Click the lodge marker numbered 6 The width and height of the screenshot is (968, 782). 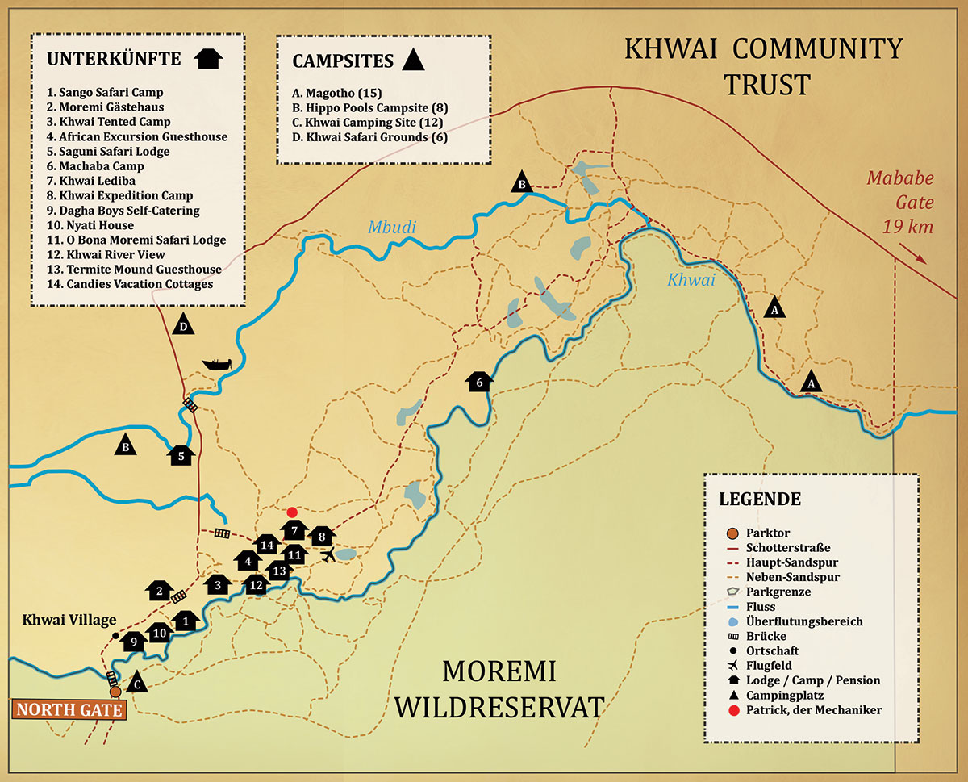(479, 382)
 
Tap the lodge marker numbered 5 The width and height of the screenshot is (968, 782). (181, 456)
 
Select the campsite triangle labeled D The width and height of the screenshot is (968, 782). (184, 324)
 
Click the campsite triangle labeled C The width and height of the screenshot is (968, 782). (137, 682)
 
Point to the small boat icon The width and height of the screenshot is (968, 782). (216, 364)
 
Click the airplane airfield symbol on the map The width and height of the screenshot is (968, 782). (328, 554)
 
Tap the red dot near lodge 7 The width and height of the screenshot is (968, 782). (292, 512)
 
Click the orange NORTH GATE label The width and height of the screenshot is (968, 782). (69, 710)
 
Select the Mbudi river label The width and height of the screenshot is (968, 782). (392, 227)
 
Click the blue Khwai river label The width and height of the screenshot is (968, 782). (691, 280)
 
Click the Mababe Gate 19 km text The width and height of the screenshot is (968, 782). (899, 202)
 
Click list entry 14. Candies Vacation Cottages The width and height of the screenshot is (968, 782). (129, 284)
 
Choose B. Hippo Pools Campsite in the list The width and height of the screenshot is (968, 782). (369, 107)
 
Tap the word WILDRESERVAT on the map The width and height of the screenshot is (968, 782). (501, 708)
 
